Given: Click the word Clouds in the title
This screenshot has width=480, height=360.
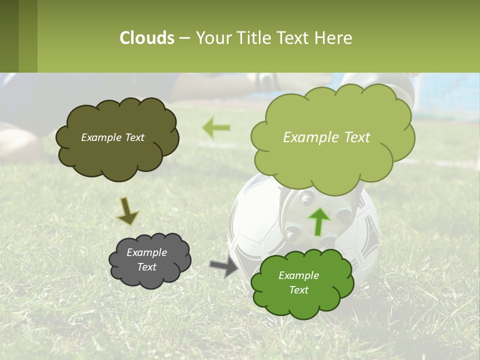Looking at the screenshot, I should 146,38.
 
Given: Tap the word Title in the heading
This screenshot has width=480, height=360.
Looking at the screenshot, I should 252,38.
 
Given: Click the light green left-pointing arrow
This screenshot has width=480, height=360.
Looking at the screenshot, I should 216,128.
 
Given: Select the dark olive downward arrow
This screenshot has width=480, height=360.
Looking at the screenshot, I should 127,211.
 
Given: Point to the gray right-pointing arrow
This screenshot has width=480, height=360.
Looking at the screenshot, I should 224,264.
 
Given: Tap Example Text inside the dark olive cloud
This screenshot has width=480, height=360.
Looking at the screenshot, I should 112,137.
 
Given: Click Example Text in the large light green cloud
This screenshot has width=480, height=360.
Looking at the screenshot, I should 326,137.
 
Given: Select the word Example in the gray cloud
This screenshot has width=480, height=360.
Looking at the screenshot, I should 146,252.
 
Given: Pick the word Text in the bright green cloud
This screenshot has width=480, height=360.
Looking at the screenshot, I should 298,290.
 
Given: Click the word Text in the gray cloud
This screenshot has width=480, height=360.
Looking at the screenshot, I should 146,267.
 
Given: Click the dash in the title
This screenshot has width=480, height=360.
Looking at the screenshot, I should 184,38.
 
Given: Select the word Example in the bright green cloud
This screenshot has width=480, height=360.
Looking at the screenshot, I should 298,275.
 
